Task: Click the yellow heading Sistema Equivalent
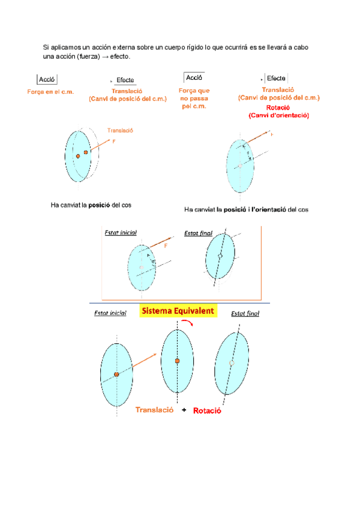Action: pos(178,312)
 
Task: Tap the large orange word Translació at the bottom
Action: pos(155,409)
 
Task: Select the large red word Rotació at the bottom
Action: pos(208,411)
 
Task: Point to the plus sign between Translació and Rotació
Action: pos(184,411)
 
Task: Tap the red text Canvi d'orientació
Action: pos(279,114)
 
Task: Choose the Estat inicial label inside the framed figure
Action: pos(121,232)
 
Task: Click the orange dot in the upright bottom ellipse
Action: pos(177,361)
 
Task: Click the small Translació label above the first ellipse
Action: pos(119,130)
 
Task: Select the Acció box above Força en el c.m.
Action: pos(47,79)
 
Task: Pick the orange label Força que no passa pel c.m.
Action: pos(194,98)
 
